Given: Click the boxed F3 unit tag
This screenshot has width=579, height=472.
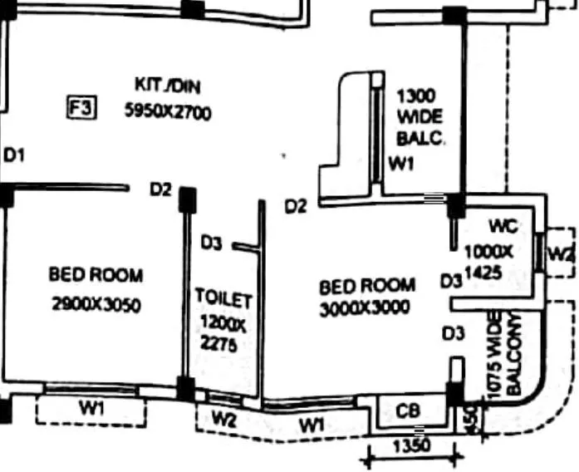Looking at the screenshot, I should pyautogui.click(x=82, y=108).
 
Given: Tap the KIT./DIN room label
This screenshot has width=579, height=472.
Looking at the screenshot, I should pyautogui.click(x=167, y=86).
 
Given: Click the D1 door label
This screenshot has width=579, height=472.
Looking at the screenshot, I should pyautogui.click(x=15, y=155).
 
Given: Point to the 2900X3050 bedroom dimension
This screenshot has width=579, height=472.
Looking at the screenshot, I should pyautogui.click(x=96, y=305).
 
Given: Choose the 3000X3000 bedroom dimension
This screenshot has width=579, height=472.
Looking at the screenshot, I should pyautogui.click(x=365, y=308).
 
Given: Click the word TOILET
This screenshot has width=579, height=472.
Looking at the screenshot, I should pyautogui.click(x=223, y=297).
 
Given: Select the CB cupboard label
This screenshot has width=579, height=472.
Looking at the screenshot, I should pyautogui.click(x=407, y=411).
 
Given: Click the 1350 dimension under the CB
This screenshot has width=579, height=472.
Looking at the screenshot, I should pyautogui.click(x=411, y=446).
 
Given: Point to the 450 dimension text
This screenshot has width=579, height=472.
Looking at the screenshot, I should pyautogui.click(x=472, y=418).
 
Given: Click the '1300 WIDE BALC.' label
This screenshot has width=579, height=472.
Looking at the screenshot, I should pyautogui.click(x=420, y=116).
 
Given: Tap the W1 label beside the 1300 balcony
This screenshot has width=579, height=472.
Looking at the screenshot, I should pyautogui.click(x=401, y=165).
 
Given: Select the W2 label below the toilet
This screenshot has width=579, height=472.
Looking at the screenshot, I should pyautogui.click(x=223, y=420).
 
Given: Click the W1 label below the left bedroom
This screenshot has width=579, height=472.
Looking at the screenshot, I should pyautogui.click(x=91, y=408).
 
